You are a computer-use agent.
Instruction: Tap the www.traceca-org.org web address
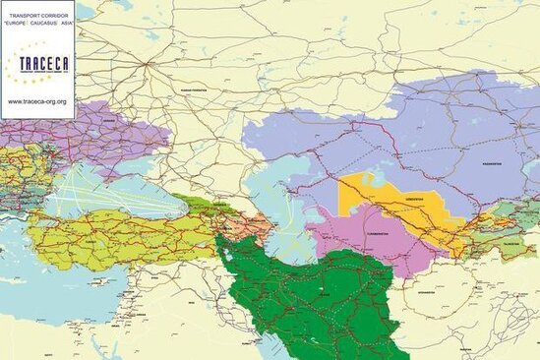tap(37, 101)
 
